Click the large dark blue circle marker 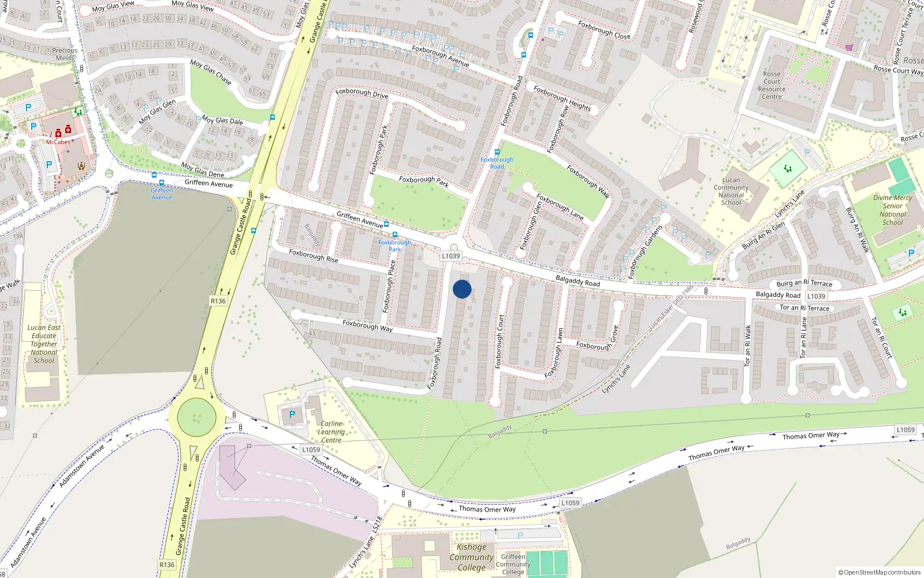(462, 289)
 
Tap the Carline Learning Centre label (331, 432)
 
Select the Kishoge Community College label (472, 557)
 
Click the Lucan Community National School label (731, 191)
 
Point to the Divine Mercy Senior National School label (892, 210)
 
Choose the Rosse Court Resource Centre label (772, 86)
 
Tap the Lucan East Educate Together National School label (44, 344)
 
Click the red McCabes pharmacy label (58, 142)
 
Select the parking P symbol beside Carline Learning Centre (292, 414)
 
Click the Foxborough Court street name (500, 342)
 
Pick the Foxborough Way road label (367, 326)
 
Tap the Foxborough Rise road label (314, 255)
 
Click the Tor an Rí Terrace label (804, 308)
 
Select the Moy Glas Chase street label (211, 73)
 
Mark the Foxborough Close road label (604, 30)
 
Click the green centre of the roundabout (196, 417)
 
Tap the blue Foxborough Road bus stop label (497, 163)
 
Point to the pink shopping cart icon (849, 47)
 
